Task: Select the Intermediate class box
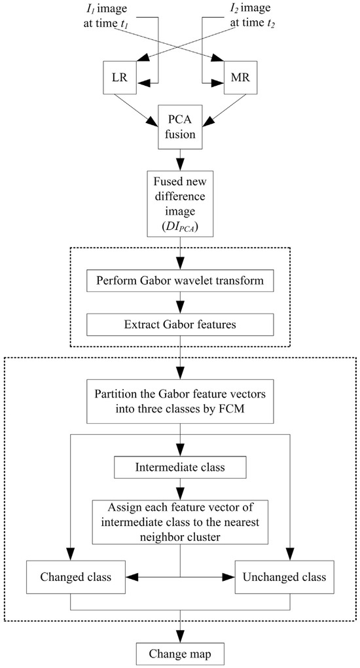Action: pos(179,467)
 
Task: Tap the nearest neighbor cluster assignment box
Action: pos(179,522)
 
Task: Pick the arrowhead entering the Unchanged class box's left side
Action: pos(229,578)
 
